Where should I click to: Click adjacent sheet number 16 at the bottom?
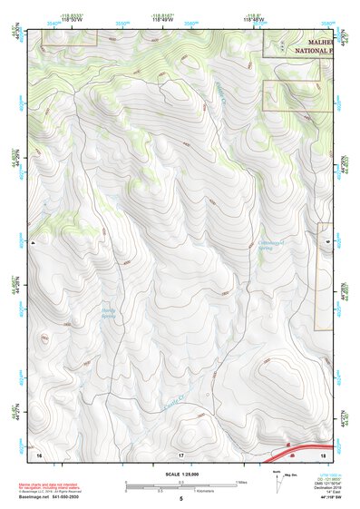pyautogui.click(x=40, y=454)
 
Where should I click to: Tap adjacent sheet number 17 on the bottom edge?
pyautogui.click(x=180, y=454)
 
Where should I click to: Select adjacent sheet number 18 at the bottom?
pyautogui.click(x=323, y=454)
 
